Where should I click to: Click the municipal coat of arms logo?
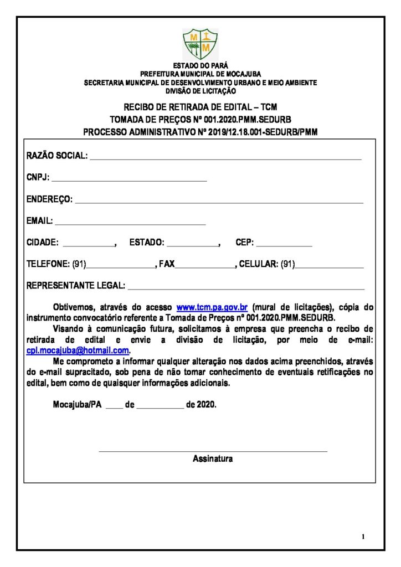pos(200,44)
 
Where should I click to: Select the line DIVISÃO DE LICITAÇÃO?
pos(200,91)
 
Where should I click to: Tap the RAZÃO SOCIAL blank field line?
pos(225,158)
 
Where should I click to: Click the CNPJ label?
pos(38,178)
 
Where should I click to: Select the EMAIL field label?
pos(39,221)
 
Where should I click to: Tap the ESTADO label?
pos(147,243)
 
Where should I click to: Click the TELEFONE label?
pos(48,265)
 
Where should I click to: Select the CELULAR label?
pos(258,265)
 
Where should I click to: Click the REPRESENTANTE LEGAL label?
pos(76,286)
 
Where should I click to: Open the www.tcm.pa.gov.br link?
pos(212,307)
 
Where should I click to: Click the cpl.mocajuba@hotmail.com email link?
pos(78,350)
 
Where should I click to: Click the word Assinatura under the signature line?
pos(213,458)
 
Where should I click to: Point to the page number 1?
pos(363,536)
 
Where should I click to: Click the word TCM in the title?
pos(269,107)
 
